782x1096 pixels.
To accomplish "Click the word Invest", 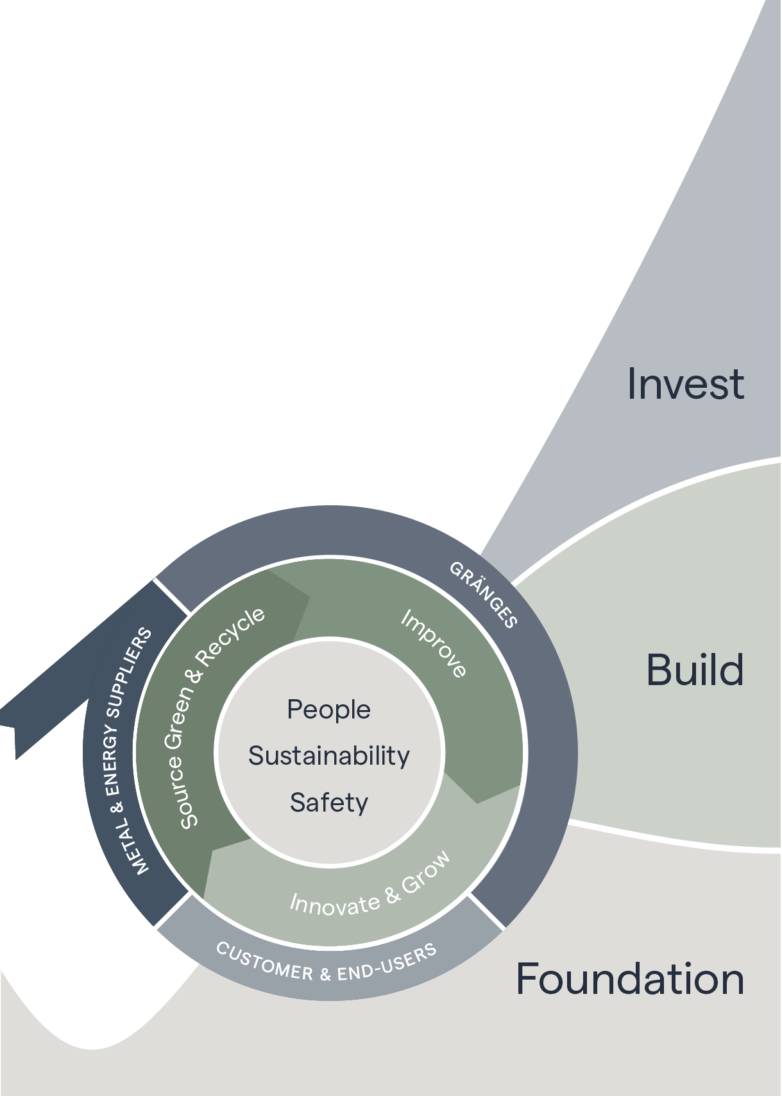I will click(x=685, y=384).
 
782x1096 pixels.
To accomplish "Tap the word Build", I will click(x=695, y=670).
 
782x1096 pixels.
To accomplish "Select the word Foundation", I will click(x=630, y=979).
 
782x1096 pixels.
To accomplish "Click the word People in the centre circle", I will click(x=328, y=710).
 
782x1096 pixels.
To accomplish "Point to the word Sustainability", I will click(x=328, y=756).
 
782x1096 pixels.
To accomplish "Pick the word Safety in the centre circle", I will click(x=328, y=803).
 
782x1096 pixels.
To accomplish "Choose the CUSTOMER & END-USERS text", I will click(x=326, y=963).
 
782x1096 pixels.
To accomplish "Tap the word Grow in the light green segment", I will click(x=426, y=873).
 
